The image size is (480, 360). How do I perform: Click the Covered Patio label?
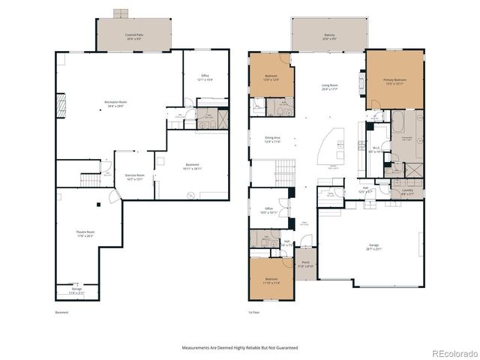point(134,35)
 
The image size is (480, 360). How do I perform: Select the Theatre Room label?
point(84,233)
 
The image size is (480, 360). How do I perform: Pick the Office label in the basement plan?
point(205,76)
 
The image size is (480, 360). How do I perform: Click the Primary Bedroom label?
point(394,82)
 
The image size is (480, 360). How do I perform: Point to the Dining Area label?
point(272,139)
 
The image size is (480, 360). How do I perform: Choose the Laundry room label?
point(407,191)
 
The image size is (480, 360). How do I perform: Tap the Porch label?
point(305,264)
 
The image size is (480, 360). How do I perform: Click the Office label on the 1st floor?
point(268,210)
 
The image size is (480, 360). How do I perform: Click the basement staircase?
point(90,180)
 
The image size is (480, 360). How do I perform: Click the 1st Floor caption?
point(253,312)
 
